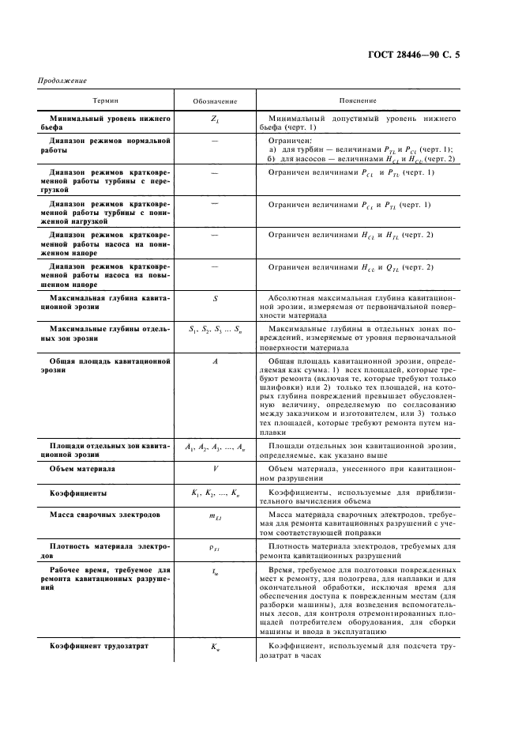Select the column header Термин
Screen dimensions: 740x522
click(x=107, y=101)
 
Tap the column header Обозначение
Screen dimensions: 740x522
click(x=214, y=101)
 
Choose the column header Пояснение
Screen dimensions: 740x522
click(x=357, y=101)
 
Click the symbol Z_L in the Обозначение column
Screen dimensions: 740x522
click(x=215, y=119)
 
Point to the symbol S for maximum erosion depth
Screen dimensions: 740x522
click(x=215, y=298)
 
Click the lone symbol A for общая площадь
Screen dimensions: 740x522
click(x=215, y=361)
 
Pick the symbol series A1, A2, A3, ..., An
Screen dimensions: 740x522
click(x=215, y=448)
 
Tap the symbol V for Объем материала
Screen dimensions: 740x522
click(x=215, y=469)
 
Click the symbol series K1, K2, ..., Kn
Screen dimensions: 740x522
click(x=215, y=493)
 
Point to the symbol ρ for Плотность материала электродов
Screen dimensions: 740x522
click(x=215, y=546)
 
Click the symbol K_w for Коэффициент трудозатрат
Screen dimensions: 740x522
click(x=215, y=649)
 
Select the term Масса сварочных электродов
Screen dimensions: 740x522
click(x=104, y=515)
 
